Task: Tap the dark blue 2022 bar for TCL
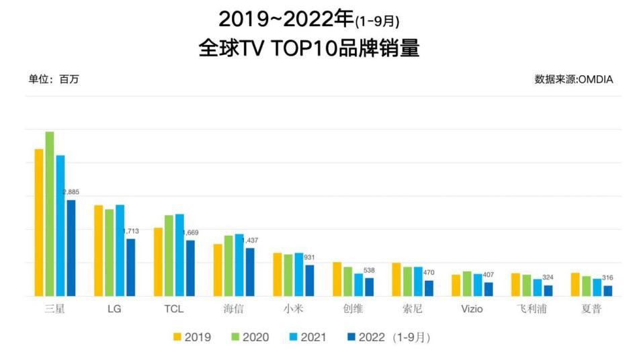[190, 268]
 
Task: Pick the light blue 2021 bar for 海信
[239, 265]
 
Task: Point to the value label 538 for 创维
[369, 271]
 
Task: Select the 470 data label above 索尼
[429, 273]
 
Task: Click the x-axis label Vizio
[472, 310]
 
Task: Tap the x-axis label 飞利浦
[532, 310]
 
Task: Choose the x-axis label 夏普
[591, 310]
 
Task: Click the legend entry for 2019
[192, 337]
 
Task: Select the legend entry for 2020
[250, 337]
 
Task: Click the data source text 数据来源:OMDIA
[573, 79]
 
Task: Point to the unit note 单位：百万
[54, 79]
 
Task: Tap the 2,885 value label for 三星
[71, 193]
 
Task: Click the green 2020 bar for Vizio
[466, 283]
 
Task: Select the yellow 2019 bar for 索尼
[396, 279]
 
